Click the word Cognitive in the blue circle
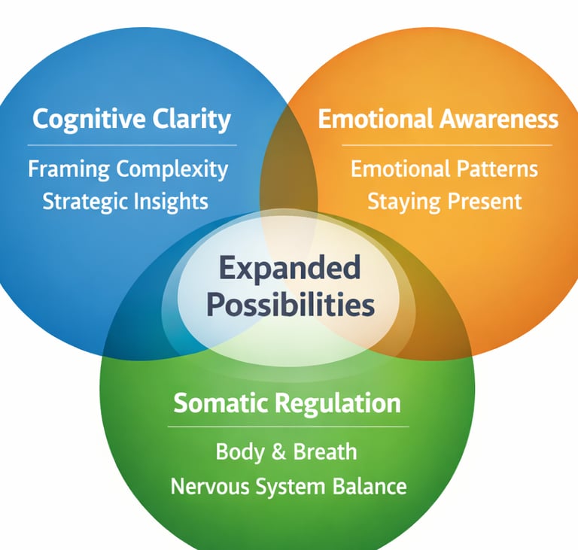(78, 119)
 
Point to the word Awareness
(503, 119)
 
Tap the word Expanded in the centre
(290, 268)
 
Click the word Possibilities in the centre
(290, 305)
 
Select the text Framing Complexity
(128, 169)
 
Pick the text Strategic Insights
(126, 201)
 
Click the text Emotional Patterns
(444, 169)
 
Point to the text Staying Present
(444, 201)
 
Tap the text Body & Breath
(286, 451)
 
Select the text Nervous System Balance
(288, 485)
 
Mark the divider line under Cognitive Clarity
(132, 144)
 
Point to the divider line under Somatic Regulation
(287, 427)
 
